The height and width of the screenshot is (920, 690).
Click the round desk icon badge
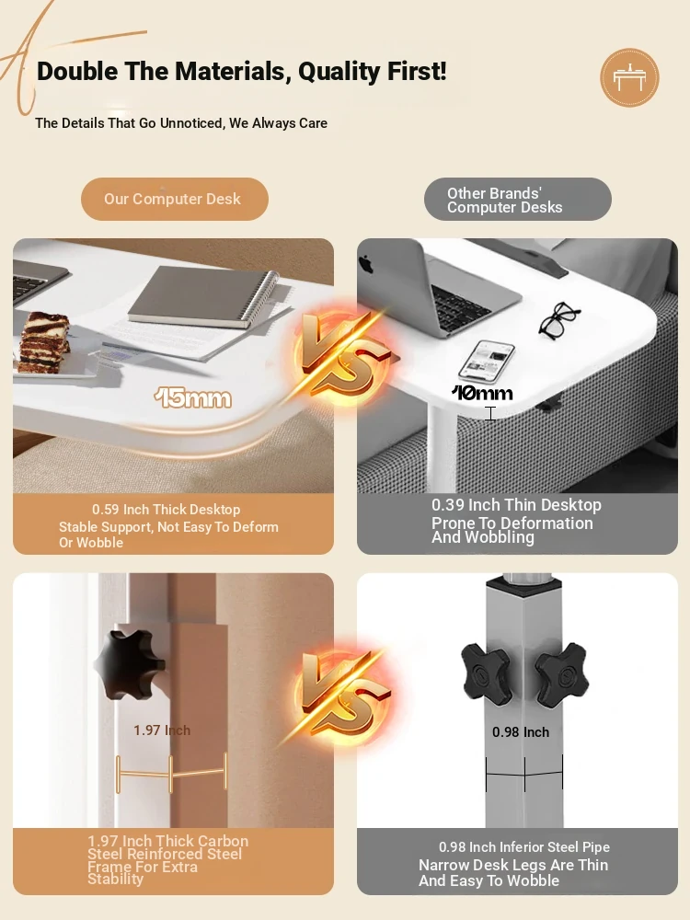pyautogui.click(x=629, y=77)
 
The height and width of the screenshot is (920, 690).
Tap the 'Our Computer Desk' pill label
pyautogui.click(x=174, y=199)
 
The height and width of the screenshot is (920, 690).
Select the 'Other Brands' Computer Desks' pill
pyautogui.click(x=517, y=200)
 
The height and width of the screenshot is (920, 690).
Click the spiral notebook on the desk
pyautogui.click(x=203, y=298)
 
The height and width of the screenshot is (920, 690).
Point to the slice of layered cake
pyautogui.click(x=43, y=342)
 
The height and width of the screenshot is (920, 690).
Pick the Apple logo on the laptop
pyautogui.click(x=367, y=264)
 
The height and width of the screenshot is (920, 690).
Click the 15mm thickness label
pyautogui.click(x=192, y=398)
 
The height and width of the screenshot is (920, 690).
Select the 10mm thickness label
pyautogui.click(x=482, y=393)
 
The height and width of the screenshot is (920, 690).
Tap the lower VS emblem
pyautogui.click(x=342, y=696)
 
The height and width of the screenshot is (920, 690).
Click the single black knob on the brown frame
pyautogui.click(x=130, y=664)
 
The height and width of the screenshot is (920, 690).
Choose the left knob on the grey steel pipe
pyautogui.click(x=487, y=674)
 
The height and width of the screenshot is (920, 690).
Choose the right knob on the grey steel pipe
pyautogui.click(x=561, y=674)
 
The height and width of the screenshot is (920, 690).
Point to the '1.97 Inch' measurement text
pyautogui.click(x=162, y=730)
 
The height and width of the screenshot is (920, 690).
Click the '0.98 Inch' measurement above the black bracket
pyautogui.click(x=521, y=732)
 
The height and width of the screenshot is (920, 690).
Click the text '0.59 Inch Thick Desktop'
pyautogui.click(x=166, y=510)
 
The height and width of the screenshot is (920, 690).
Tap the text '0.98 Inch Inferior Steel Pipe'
pyautogui.click(x=524, y=847)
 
